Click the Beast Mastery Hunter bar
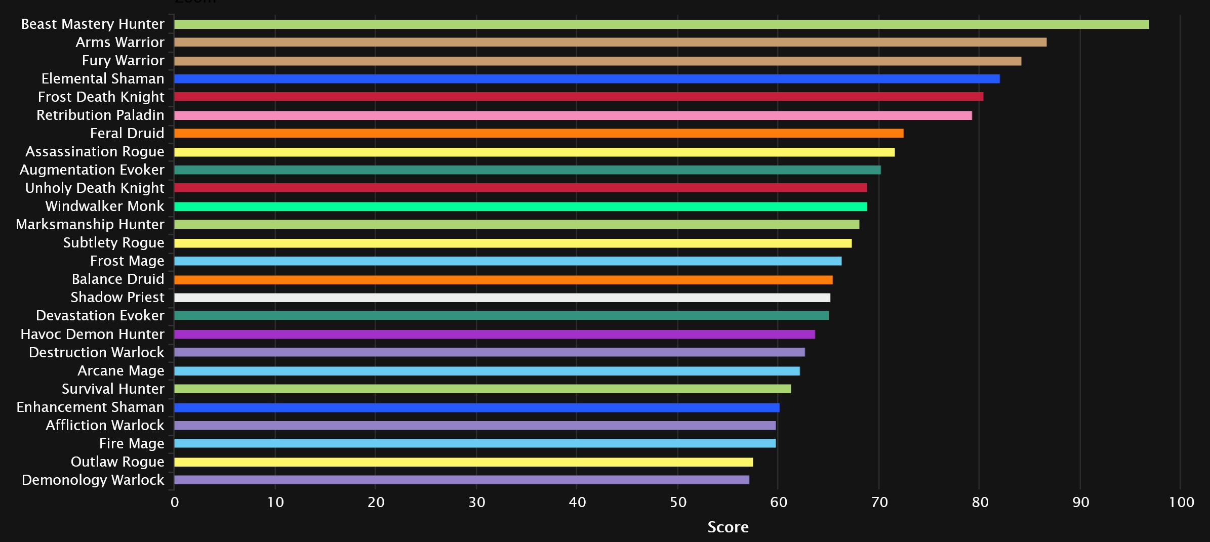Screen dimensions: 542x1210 click(661, 24)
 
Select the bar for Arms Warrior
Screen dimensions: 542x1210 click(610, 43)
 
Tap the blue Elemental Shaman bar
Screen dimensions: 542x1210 click(587, 79)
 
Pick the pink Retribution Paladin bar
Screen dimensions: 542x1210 click(573, 115)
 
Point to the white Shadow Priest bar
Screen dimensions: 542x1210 click(502, 298)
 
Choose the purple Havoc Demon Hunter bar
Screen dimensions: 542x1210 click(494, 334)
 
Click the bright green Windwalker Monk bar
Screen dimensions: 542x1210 click(520, 206)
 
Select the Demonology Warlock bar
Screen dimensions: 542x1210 click(461, 480)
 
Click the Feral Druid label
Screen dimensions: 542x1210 click(127, 134)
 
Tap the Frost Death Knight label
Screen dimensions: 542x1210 click(101, 97)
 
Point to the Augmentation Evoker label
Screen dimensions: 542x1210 click(92, 170)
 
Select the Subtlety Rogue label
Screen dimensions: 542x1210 click(114, 243)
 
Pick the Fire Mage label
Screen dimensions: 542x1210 click(132, 444)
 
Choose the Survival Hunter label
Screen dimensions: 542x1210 click(113, 389)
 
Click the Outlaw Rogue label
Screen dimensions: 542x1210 click(117, 462)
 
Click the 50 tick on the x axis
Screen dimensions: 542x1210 click(678, 503)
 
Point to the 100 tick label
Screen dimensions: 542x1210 click(1181, 503)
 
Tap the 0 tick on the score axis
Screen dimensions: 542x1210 click(175, 503)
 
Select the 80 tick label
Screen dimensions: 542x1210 click(980, 503)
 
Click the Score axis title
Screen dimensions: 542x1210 click(728, 527)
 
